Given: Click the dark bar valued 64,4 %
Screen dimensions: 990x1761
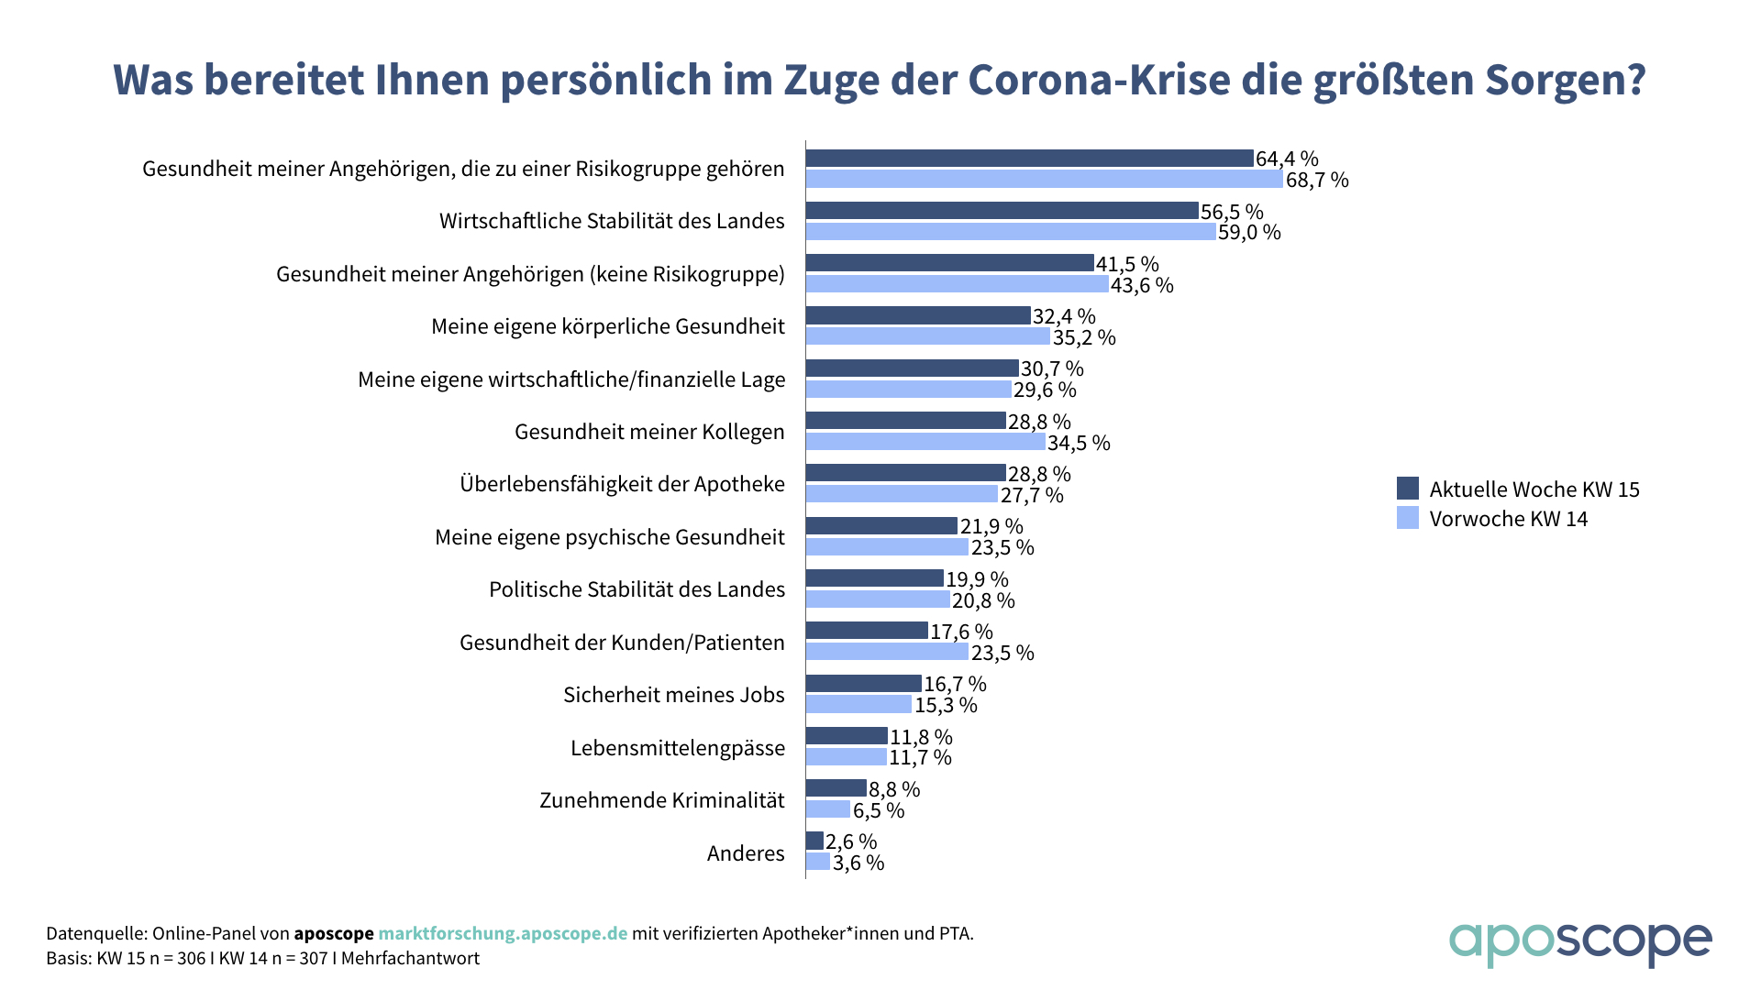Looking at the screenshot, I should click(1029, 159).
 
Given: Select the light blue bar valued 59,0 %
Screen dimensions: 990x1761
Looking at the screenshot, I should click(1011, 232).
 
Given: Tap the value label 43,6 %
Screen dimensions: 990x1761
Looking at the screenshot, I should click(1142, 285).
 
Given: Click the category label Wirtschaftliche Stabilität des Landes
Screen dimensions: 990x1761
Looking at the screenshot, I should click(612, 221).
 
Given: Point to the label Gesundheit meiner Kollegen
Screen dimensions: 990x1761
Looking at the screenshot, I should click(649, 432).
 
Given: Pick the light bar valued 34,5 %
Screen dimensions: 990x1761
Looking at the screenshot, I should click(925, 442).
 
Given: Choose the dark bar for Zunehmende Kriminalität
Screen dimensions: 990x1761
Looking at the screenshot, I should click(836, 788).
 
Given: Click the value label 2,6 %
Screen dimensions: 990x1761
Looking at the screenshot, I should click(851, 841).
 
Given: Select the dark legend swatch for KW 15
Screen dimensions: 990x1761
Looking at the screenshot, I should click(1407, 488).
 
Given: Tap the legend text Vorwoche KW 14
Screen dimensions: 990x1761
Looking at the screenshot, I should click(1508, 519).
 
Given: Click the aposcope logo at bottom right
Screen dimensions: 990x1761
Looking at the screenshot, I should click(1579, 943).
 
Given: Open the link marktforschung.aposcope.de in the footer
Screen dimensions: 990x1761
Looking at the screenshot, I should click(503, 933).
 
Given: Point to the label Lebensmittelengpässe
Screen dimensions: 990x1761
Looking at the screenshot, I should click(678, 748).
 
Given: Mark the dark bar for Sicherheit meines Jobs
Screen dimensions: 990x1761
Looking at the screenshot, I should click(864, 683).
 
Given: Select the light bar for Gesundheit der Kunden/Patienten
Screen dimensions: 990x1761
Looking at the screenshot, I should click(887, 652).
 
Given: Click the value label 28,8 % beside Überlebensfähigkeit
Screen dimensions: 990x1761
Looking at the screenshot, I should click(1039, 474).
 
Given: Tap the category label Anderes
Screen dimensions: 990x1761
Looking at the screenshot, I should click(746, 853).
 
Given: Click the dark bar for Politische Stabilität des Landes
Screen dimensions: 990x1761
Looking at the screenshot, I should click(875, 578).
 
